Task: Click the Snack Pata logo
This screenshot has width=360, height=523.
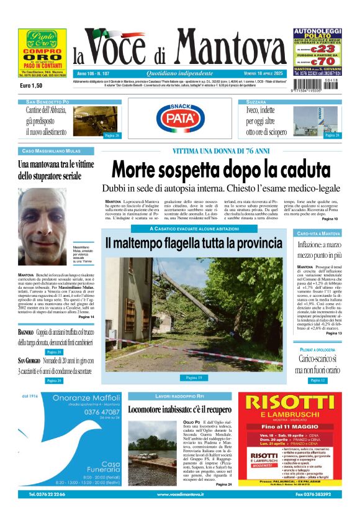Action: click(180, 117)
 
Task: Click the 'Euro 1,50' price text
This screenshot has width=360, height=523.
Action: click(31, 85)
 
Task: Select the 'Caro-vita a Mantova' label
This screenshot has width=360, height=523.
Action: click(318, 234)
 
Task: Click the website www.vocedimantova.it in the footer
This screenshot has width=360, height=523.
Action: click(180, 494)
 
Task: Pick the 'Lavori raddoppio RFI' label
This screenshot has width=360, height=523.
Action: click(180, 396)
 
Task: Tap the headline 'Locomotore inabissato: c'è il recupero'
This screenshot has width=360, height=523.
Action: click(180, 410)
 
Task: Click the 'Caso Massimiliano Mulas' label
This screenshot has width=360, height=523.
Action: click(56, 151)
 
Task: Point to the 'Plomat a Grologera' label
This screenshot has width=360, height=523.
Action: click(318, 350)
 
